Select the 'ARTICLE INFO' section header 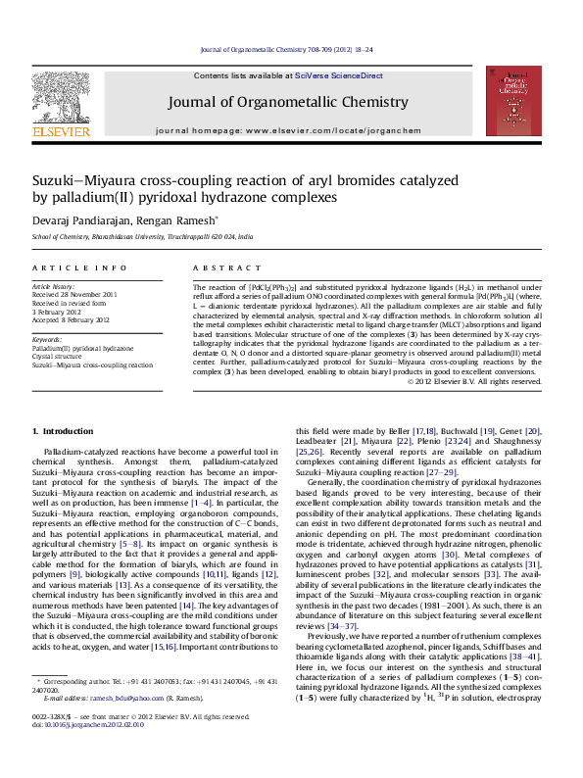click(66, 267)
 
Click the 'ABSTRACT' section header click(220, 267)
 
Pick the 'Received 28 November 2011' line click(74, 294)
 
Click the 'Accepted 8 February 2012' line click(72, 318)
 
